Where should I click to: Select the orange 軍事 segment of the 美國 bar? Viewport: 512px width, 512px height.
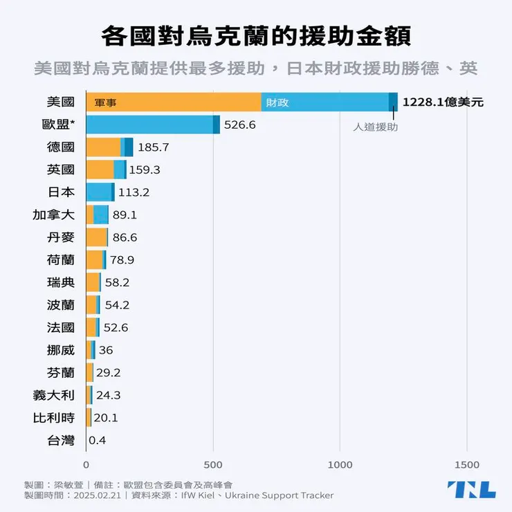click(x=173, y=102)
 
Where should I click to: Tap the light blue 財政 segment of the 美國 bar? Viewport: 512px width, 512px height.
click(x=325, y=102)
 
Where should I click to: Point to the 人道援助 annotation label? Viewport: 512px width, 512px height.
click(x=376, y=127)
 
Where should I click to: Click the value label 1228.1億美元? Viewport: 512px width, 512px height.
click(x=443, y=102)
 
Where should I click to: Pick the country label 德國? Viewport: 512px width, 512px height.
click(x=60, y=147)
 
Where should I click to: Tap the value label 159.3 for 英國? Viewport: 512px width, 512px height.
click(x=145, y=170)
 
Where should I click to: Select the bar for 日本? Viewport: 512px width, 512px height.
click(x=100, y=192)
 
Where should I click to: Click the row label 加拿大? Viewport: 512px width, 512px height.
click(x=53, y=214)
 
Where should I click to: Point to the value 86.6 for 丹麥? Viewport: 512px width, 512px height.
click(x=125, y=237)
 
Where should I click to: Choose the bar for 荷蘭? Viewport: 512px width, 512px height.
click(x=96, y=259)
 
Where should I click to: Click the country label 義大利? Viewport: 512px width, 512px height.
click(x=53, y=395)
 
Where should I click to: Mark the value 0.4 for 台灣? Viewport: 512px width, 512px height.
click(x=98, y=440)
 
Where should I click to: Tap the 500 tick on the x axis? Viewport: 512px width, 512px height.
click(x=213, y=465)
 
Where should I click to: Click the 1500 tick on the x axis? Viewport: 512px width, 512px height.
click(x=467, y=465)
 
